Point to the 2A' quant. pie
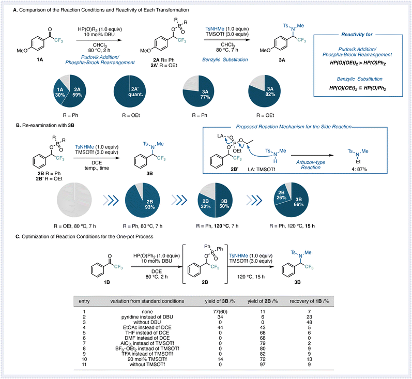[x=130, y=91]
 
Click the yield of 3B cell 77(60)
[x=220, y=312]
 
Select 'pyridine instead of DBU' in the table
[x=147, y=317]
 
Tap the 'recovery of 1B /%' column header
[x=309, y=301]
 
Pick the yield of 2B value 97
[x=263, y=365]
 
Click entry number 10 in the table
[x=84, y=359]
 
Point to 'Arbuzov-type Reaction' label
[x=311, y=165]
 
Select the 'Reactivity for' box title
[x=357, y=35]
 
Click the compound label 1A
[x=40, y=59]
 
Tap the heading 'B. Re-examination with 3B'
[x=45, y=125]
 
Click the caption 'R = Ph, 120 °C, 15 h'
[x=292, y=226]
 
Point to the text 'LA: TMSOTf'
[x=261, y=170]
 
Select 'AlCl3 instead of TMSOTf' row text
[x=147, y=343]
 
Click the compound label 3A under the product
[x=282, y=60]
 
